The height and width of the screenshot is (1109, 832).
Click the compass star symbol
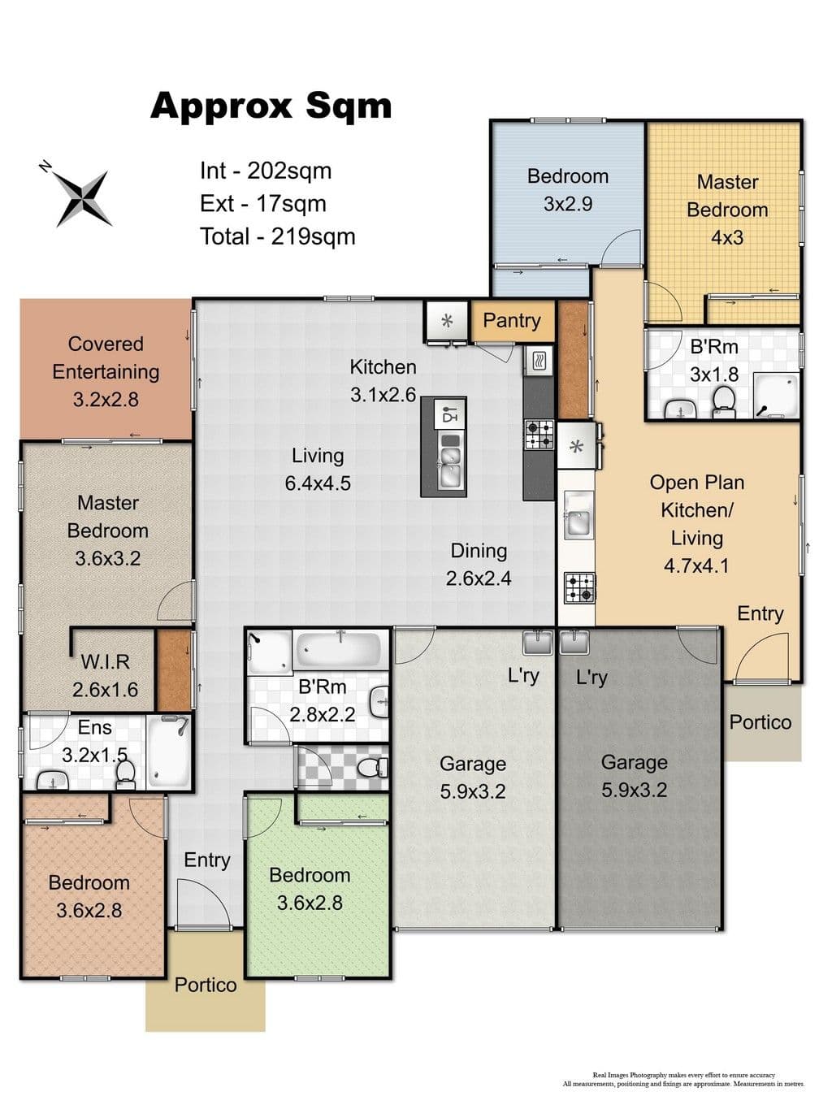coord(84,198)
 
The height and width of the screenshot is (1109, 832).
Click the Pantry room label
coord(511,321)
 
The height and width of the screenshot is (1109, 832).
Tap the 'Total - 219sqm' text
coord(278,236)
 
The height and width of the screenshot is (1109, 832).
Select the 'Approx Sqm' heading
coord(271,106)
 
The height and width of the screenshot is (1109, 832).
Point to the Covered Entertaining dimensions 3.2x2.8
coord(106,400)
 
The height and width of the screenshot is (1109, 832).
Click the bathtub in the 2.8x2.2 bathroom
coord(339,650)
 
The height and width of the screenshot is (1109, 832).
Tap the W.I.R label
coord(105,661)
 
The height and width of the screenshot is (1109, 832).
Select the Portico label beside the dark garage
coord(760,722)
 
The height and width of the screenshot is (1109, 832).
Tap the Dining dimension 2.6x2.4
coord(479,578)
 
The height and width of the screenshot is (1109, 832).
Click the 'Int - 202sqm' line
coord(266,171)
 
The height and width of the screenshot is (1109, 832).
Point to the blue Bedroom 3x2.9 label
coord(568,190)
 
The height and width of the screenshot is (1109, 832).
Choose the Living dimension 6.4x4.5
coord(318,483)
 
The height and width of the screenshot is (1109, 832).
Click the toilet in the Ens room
coord(124,775)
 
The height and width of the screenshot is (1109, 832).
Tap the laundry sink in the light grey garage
coord(539,642)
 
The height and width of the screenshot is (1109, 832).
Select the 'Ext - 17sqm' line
coord(262,204)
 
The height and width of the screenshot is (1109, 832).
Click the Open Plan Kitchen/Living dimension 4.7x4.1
coord(696,565)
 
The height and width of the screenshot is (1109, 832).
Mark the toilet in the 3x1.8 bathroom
coord(724,401)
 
